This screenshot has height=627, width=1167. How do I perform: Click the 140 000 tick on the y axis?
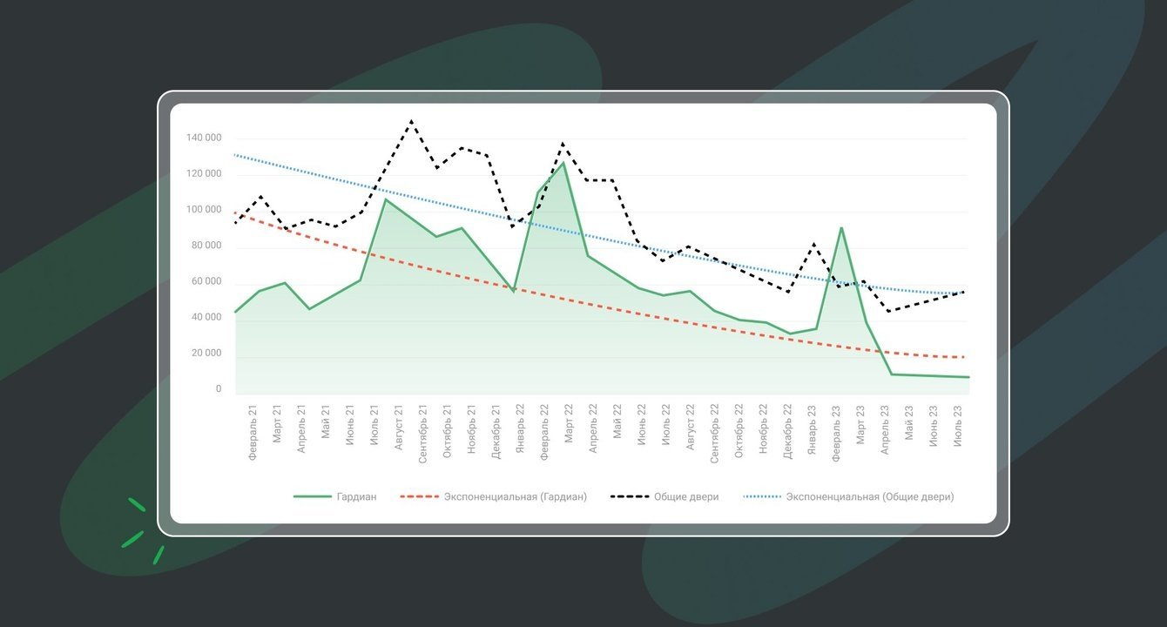pos(204,138)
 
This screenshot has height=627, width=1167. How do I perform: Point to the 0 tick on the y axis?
pos(219,389)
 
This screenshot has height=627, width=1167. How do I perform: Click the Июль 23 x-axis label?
pos(958,424)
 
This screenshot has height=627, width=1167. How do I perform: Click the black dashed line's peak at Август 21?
pos(411,121)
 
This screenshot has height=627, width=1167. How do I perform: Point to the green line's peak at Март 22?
pos(563,163)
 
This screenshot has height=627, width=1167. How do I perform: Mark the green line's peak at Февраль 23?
pos(841,228)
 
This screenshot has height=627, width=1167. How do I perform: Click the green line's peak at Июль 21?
pos(385,199)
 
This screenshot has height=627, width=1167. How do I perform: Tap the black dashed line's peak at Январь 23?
pos(813,244)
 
